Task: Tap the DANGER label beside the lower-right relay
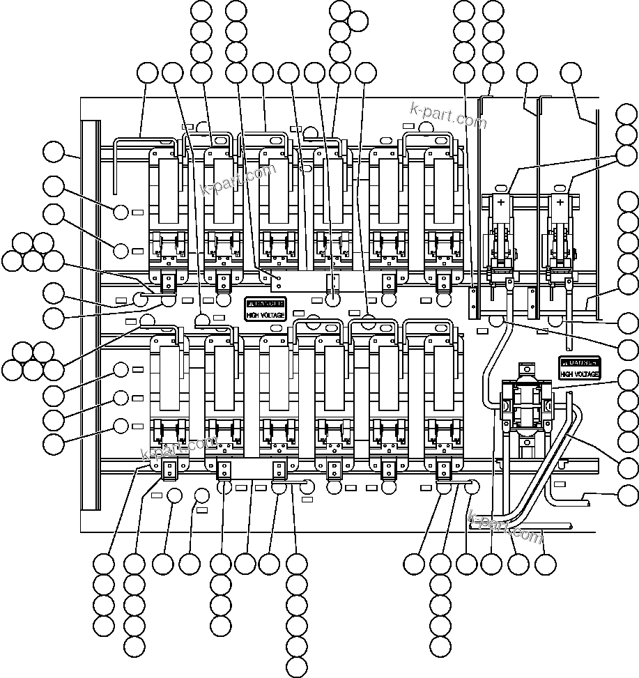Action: click(x=579, y=363)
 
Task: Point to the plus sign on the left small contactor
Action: click(x=500, y=201)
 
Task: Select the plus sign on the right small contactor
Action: click(x=559, y=201)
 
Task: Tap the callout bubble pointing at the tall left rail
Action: click(x=53, y=151)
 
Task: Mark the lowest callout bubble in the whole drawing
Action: click(x=297, y=667)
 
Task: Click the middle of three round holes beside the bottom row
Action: click(x=121, y=398)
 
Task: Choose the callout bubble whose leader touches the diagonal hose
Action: click(x=627, y=468)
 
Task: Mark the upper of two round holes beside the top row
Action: click(x=121, y=212)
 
